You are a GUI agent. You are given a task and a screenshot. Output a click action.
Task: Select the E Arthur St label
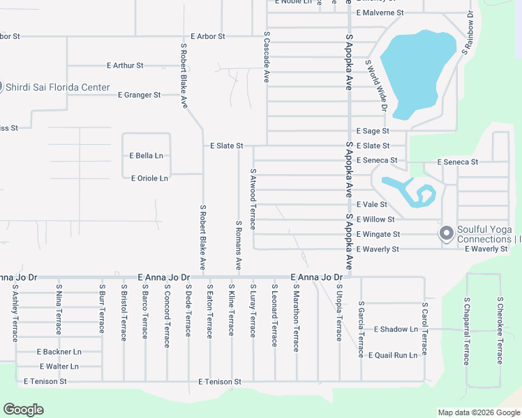(125, 65)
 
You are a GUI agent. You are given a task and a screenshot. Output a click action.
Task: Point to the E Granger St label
(139, 95)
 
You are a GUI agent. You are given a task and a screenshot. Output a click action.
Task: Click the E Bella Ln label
(146, 156)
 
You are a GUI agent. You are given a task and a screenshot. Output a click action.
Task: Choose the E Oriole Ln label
(149, 178)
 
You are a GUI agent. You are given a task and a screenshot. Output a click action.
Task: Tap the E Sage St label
(373, 131)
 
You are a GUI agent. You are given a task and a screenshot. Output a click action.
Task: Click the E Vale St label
(371, 205)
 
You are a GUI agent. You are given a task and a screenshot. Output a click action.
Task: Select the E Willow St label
(375, 220)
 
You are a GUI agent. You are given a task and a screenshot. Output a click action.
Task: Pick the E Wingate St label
(378, 235)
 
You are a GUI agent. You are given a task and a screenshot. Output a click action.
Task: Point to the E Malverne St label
(380, 13)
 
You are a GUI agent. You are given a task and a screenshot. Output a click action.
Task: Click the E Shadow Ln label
(396, 330)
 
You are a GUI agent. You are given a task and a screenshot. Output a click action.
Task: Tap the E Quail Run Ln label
(393, 355)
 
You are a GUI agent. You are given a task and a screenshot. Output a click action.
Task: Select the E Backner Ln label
(59, 352)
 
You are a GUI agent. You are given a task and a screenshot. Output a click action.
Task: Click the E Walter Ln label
(59, 366)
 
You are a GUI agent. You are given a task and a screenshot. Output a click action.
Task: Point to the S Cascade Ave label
(266, 58)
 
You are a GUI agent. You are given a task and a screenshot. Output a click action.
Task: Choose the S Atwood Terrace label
(253, 199)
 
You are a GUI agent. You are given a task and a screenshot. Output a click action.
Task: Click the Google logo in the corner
(24, 410)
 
